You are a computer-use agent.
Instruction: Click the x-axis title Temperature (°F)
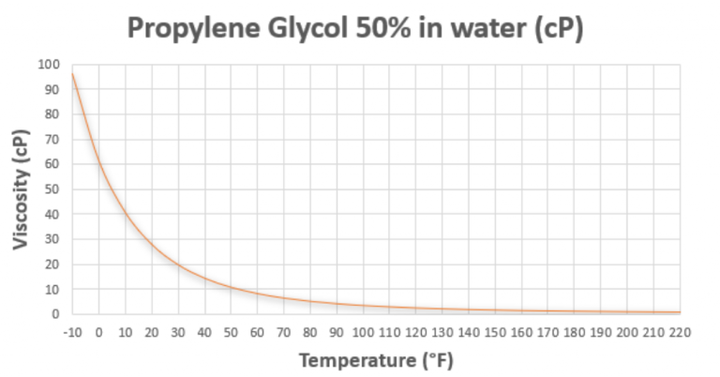(377, 359)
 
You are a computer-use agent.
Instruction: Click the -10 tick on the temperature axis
(72, 332)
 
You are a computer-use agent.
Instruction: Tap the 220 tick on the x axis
(681, 332)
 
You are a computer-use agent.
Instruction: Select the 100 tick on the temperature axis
(363, 332)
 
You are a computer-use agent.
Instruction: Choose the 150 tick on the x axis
(495, 332)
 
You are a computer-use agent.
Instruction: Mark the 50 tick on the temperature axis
(231, 332)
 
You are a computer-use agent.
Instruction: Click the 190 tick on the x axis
(601, 332)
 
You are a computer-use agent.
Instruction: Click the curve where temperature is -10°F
(72, 74)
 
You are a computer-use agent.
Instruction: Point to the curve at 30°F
(178, 264)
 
